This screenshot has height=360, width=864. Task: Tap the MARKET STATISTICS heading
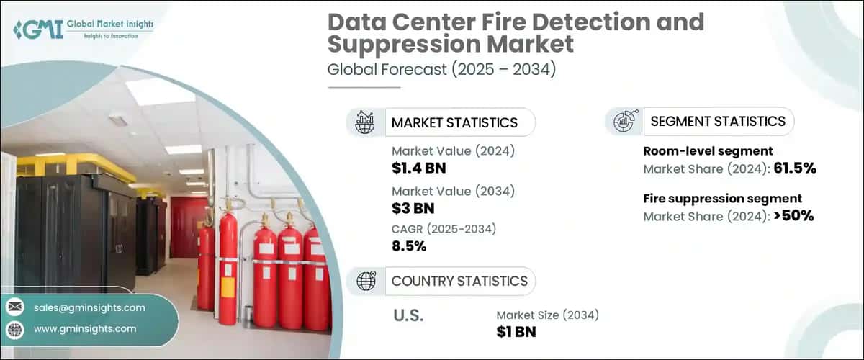coord(454,122)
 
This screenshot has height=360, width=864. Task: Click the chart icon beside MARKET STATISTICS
coord(365,122)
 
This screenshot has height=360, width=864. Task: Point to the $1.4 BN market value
coord(420,168)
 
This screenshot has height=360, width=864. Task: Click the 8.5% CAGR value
coord(409,246)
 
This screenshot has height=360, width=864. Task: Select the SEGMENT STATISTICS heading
coord(718,122)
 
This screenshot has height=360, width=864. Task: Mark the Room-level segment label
coord(708,151)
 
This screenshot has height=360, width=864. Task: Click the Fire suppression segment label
coord(722,198)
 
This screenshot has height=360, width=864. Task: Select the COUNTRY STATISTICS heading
coord(459,281)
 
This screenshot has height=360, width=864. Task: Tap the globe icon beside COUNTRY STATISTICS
coord(366,281)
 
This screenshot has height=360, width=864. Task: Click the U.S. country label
coord(408,315)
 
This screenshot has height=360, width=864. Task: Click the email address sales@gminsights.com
coord(89,307)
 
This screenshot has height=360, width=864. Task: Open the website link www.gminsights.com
coord(85,328)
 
